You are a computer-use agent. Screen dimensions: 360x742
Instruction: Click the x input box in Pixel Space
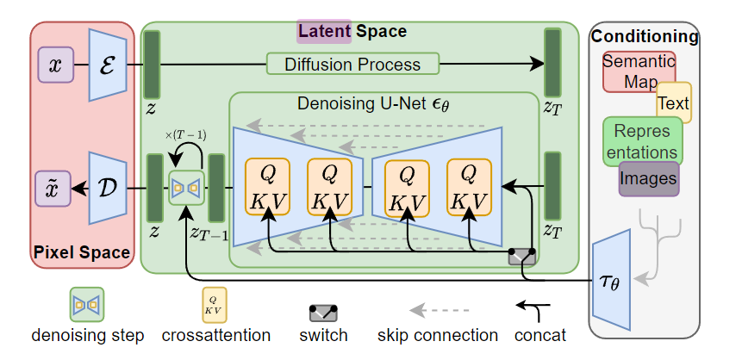(x=55, y=65)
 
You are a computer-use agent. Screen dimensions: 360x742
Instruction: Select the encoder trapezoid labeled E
(x=109, y=64)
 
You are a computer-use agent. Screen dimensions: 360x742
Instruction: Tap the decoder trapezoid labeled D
(x=109, y=186)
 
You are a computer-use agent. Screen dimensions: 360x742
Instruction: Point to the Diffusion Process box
(x=352, y=64)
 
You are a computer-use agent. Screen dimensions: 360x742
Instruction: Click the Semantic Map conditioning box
(x=638, y=71)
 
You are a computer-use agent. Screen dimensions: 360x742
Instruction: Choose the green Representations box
(x=642, y=141)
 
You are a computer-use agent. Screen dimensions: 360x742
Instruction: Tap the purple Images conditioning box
(x=648, y=179)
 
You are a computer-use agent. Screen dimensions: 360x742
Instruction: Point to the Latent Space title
(x=352, y=32)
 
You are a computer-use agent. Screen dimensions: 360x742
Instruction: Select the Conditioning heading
(x=645, y=36)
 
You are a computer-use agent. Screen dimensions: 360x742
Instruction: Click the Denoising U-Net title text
(x=373, y=104)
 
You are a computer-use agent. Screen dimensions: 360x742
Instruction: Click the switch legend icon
(x=323, y=311)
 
